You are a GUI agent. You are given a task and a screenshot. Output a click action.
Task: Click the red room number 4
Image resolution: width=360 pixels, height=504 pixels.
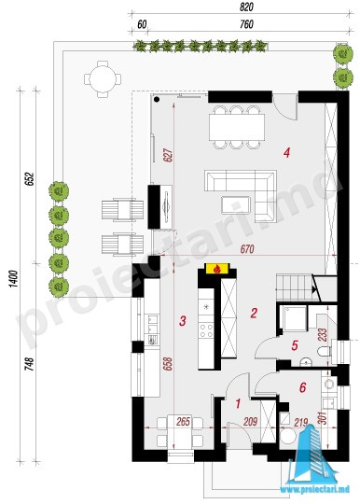[x=286, y=152]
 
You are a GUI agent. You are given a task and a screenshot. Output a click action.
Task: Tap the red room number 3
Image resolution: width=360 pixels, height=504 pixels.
[x=183, y=320]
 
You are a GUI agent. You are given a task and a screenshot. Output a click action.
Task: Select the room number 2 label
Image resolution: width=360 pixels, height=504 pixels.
[x=254, y=313]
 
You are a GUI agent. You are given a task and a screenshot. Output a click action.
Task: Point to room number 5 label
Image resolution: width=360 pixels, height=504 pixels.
[x=295, y=345]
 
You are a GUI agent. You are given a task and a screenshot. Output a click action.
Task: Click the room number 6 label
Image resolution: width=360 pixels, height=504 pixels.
[x=302, y=387]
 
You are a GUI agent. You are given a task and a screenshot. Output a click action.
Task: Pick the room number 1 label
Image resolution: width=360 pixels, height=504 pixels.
[x=238, y=403]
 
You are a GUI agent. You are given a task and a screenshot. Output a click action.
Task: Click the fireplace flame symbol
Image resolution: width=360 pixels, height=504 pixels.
[x=217, y=269]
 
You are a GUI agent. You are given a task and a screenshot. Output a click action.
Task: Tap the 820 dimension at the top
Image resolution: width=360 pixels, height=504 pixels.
[x=246, y=7]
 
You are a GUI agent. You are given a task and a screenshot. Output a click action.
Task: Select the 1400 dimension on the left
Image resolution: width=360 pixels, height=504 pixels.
[x=13, y=279]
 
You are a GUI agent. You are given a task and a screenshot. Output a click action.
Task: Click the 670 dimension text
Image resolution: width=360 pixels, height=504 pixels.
[x=247, y=249]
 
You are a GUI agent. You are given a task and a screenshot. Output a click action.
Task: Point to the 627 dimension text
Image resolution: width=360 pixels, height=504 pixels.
[x=169, y=155]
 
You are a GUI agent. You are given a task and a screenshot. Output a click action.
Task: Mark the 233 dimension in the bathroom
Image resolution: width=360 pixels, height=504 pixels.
[x=323, y=334]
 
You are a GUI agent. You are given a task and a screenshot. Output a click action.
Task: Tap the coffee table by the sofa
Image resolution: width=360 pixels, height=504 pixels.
[x=236, y=205]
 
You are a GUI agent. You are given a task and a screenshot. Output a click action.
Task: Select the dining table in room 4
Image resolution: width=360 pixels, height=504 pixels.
[x=237, y=127]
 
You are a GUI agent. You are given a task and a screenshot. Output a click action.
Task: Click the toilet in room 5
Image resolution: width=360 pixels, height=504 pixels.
[x=324, y=351]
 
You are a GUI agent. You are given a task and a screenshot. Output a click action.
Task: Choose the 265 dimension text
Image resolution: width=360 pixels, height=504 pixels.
[x=184, y=421]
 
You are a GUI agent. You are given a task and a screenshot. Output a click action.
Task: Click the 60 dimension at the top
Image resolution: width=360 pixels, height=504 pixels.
[x=142, y=24]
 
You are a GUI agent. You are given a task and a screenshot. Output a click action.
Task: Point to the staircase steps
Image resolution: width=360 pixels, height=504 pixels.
[x=294, y=287]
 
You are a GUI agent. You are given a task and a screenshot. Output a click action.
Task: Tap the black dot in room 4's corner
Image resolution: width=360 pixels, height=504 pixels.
[x=157, y=99]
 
